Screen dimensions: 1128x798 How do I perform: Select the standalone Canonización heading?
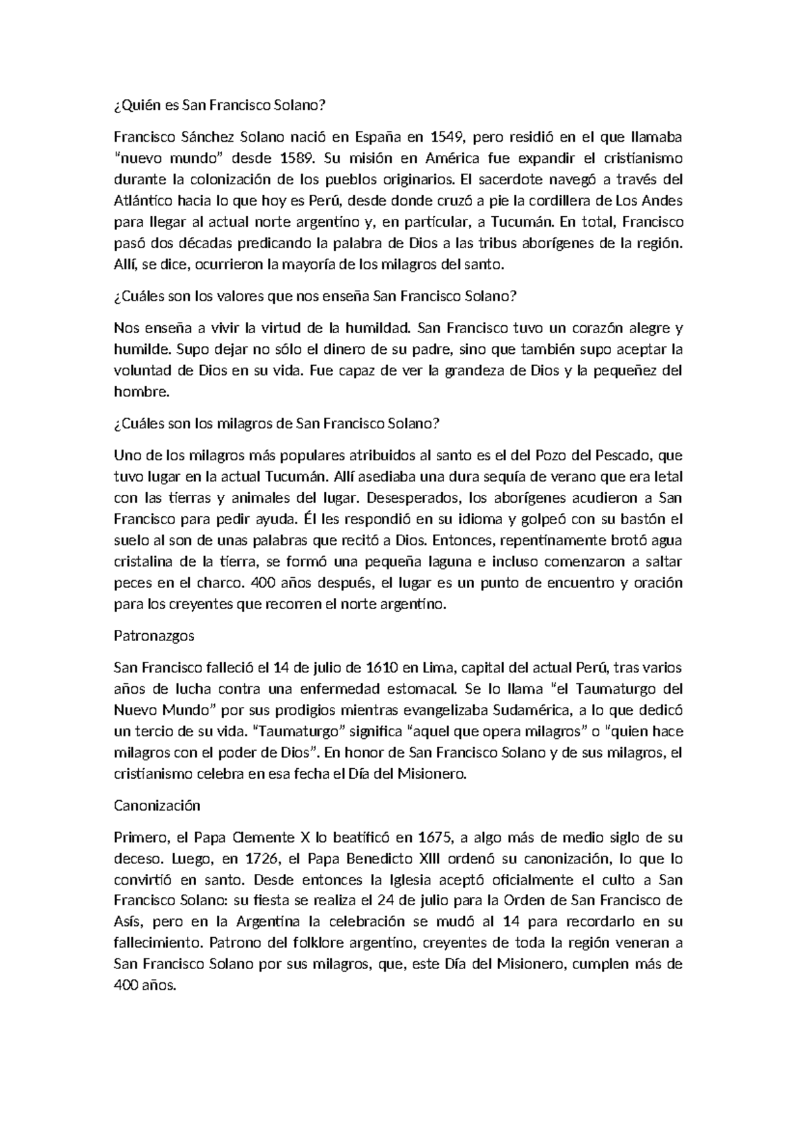point(157,805)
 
